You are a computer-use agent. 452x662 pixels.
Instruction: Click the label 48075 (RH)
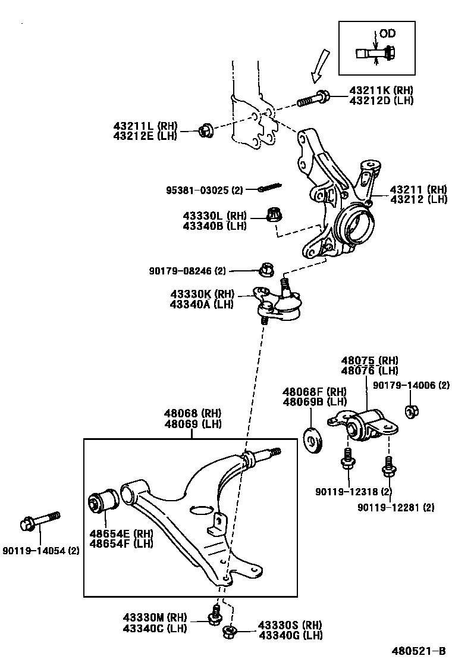(369, 360)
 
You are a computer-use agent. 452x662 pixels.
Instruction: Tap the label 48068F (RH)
(314, 391)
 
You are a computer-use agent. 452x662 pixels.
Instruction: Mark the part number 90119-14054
(41, 551)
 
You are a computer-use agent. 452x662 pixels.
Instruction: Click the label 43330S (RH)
(290, 625)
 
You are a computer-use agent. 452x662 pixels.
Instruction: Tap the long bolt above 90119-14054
(40, 519)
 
